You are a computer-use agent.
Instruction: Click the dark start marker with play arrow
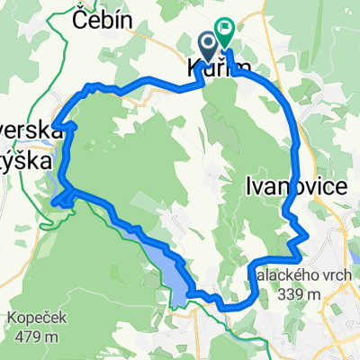point(207,41)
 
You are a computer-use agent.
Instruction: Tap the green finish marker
point(223,34)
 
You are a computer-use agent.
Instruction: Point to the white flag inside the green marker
point(223,31)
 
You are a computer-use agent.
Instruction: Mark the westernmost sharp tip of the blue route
point(53,124)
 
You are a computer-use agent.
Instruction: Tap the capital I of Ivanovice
point(247,186)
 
